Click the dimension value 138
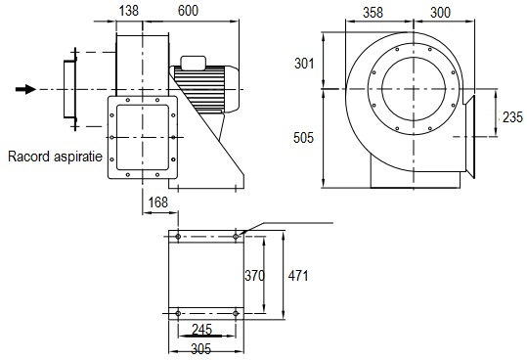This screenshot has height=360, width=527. pyautogui.click(x=129, y=11)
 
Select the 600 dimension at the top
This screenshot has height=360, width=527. pyautogui.click(x=188, y=11)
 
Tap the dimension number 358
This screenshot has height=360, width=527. pyautogui.click(x=373, y=13)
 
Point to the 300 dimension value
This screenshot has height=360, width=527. pyautogui.click(x=440, y=13)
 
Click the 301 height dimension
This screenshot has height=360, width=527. pyautogui.click(x=304, y=64)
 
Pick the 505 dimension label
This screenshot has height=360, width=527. pyautogui.click(x=303, y=138)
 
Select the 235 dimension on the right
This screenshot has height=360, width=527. pyautogui.click(x=513, y=117)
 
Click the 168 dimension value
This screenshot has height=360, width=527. pyautogui.click(x=158, y=202)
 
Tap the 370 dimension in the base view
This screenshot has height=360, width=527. pyautogui.click(x=254, y=276)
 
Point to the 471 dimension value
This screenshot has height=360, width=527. pyautogui.click(x=298, y=276)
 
